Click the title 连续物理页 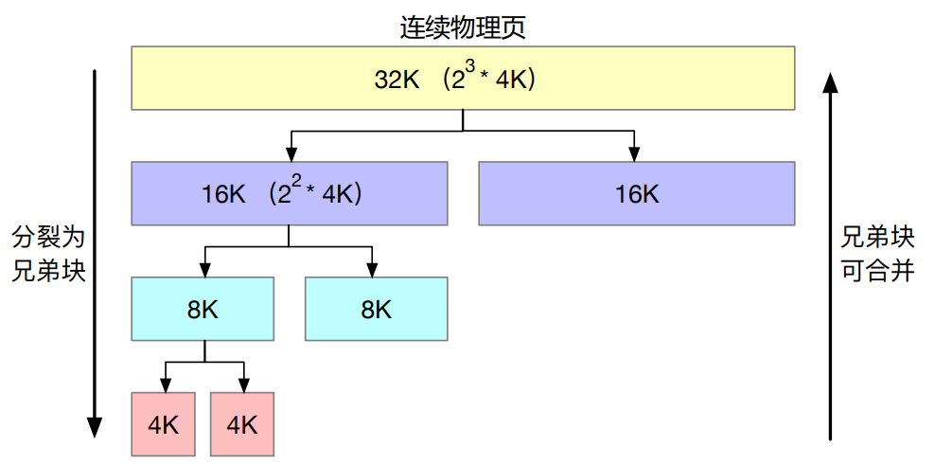click(x=463, y=27)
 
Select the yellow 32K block click(x=463, y=80)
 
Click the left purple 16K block click(x=289, y=194)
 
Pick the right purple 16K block click(x=637, y=194)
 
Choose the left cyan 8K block click(x=203, y=309)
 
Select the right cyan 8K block click(x=376, y=309)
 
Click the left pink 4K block click(x=164, y=424)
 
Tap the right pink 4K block click(x=242, y=424)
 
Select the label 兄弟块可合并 click(x=877, y=252)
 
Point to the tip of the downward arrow click(x=94, y=434)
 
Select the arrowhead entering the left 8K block click(x=204, y=270)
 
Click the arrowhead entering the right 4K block click(x=243, y=385)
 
